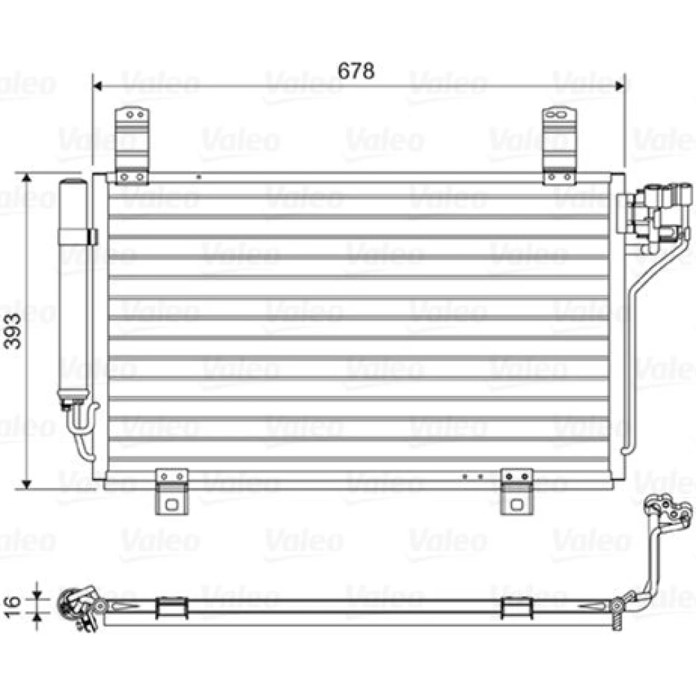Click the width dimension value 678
point(356,71)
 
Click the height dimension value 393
point(12,331)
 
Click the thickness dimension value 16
point(12,607)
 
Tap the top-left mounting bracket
point(132,145)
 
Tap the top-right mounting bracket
point(560,145)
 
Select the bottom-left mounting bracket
point(172,492)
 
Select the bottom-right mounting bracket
point(516,492)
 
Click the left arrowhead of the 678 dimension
point(97,86)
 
